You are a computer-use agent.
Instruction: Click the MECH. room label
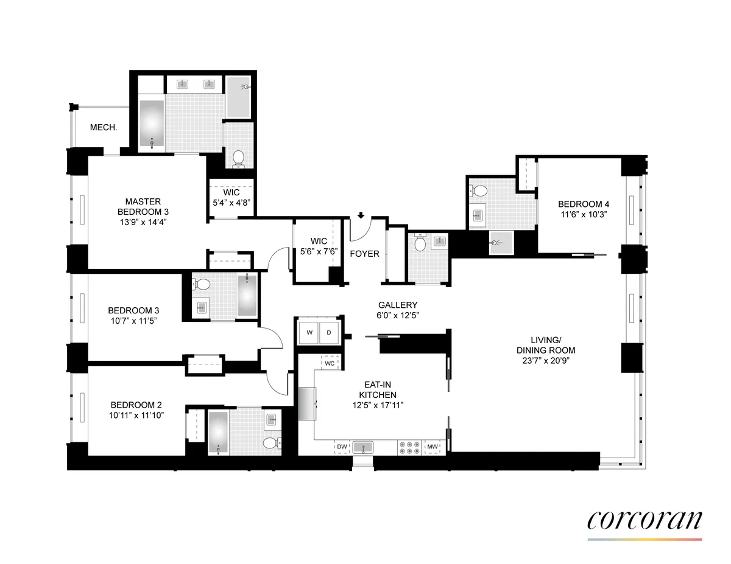click(104, 128)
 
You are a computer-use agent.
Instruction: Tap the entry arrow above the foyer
click(361, 215)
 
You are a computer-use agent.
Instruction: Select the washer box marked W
click(309, 332)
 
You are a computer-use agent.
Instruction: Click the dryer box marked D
click(329, 332)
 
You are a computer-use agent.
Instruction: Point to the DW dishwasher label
click(342, 448)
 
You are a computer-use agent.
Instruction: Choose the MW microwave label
click(433, 448)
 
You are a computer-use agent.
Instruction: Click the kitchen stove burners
click(410, 448)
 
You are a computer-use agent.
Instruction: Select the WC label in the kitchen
click(330, 363)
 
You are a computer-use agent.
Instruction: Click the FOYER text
click(365, 254)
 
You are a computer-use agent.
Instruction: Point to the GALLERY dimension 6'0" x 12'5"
click(398, 315)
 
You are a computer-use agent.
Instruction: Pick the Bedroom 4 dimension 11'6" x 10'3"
click(581, 215)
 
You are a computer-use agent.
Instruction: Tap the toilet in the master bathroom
click(239, 158)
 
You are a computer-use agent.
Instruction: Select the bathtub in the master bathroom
click(152, 124)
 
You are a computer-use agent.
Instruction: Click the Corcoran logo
click(644, 521)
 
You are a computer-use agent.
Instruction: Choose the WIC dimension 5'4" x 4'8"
click(231, 203)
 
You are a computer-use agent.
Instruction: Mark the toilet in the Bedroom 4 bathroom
click(479, 191)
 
